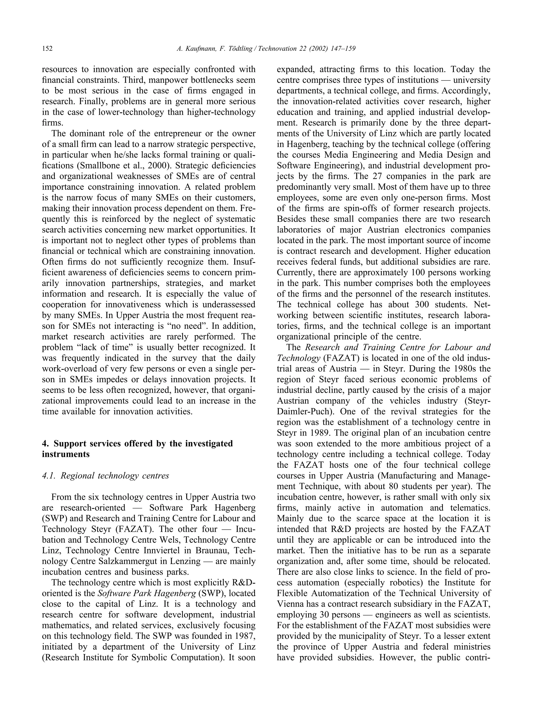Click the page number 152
tap(47, 49)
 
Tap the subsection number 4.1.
tap(49, 476)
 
